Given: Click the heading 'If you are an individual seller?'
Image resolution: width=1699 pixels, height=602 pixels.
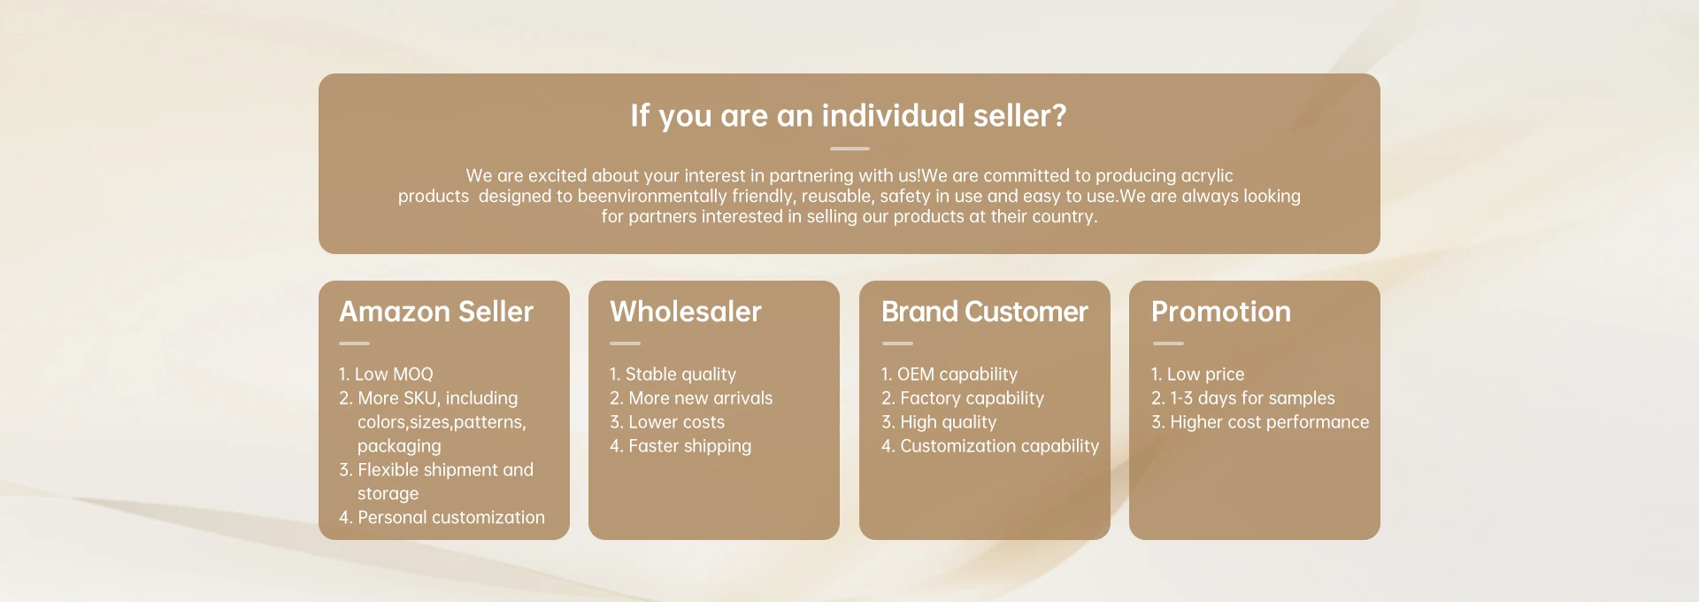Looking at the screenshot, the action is point(849,116).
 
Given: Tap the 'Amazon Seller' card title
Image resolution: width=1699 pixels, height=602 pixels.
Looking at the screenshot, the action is point(436,312).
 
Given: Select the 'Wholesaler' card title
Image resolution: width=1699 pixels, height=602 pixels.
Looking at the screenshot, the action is point(686,312).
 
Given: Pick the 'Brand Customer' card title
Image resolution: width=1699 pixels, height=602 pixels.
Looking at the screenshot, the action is point(985,312).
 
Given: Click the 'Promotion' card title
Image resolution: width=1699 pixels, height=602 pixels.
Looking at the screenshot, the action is point(1221,312).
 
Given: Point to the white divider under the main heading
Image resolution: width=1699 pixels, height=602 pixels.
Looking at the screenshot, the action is point(849,149).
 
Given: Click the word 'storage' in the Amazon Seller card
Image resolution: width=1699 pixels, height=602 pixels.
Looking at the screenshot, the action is point(388,494).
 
